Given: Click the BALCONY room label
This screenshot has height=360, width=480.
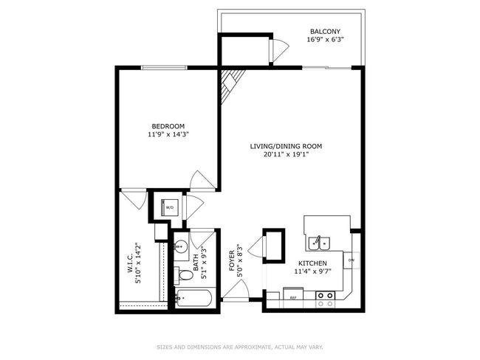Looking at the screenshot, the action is pos(325,31).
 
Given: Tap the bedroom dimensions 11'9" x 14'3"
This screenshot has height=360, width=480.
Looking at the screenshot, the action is pos(168,134).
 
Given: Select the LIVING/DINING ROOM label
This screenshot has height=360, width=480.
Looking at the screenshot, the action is pos(286,146).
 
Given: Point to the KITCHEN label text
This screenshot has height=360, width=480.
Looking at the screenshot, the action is pos(312,263).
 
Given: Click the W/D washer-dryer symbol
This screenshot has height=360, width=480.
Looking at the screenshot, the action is pos(170,207).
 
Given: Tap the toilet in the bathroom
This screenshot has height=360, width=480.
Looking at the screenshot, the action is pos(184,275).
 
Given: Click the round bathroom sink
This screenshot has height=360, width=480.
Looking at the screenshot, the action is pos(181,246).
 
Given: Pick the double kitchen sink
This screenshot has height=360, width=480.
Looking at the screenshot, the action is pos(319,243).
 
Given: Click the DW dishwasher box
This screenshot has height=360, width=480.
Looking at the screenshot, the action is pos(351,260).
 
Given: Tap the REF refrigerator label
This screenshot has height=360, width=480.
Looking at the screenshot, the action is pos(293,297).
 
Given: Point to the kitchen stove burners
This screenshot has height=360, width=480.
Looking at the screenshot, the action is pos(325,300).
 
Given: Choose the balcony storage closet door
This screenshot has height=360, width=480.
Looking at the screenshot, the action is pos(279,50).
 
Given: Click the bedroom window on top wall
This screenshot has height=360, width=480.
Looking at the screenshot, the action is pos(165,68).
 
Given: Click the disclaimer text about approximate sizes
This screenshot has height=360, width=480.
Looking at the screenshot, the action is pos(240,347).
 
